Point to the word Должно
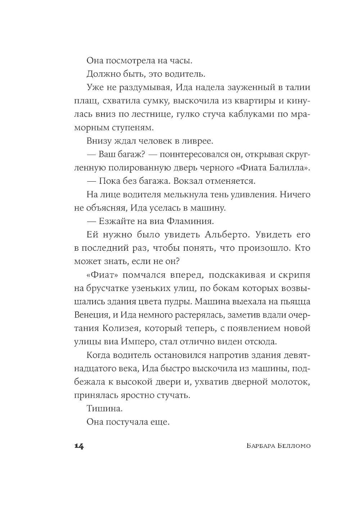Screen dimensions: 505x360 [x=102, y=74]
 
